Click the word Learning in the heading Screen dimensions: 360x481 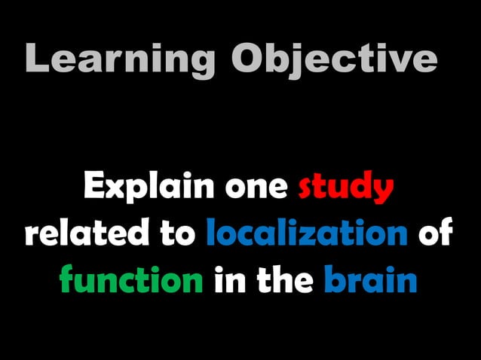121,59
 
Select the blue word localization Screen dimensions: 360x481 306,234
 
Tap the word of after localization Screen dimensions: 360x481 435,234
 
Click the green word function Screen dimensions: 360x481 130,281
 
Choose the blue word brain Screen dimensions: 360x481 371,280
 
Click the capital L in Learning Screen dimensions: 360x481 36,59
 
